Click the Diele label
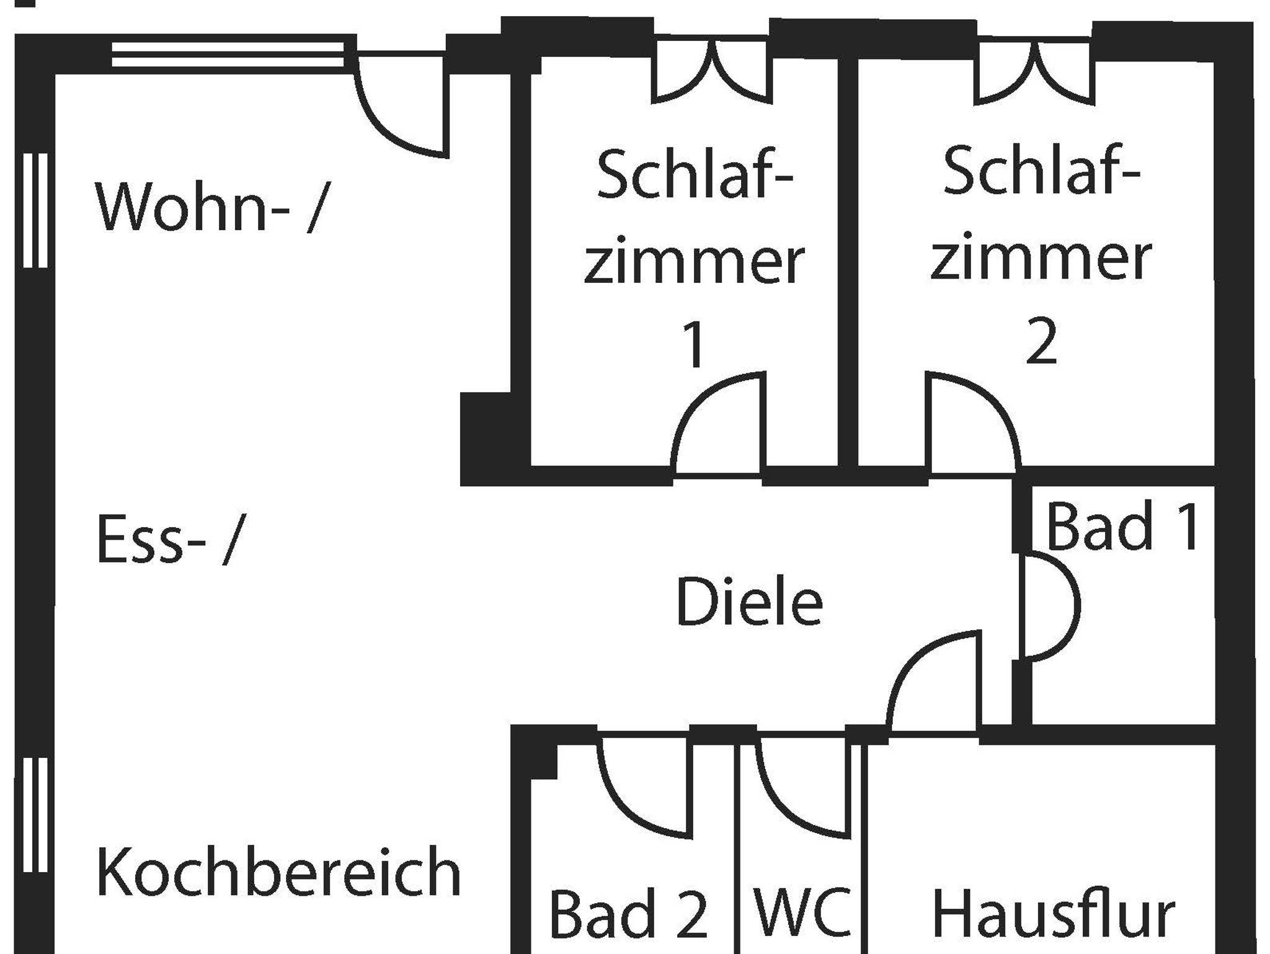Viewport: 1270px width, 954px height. coord(749,601)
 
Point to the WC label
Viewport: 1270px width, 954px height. coord(802,912)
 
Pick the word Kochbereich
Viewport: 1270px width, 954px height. coord(278,872)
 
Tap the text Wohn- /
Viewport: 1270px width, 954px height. coord(209,207)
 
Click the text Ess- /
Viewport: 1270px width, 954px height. coord(166,540)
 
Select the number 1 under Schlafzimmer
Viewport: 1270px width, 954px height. coord(694,345)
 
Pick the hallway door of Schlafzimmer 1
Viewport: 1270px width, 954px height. coord(718,428)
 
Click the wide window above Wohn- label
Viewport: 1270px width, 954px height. coord(228,54)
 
